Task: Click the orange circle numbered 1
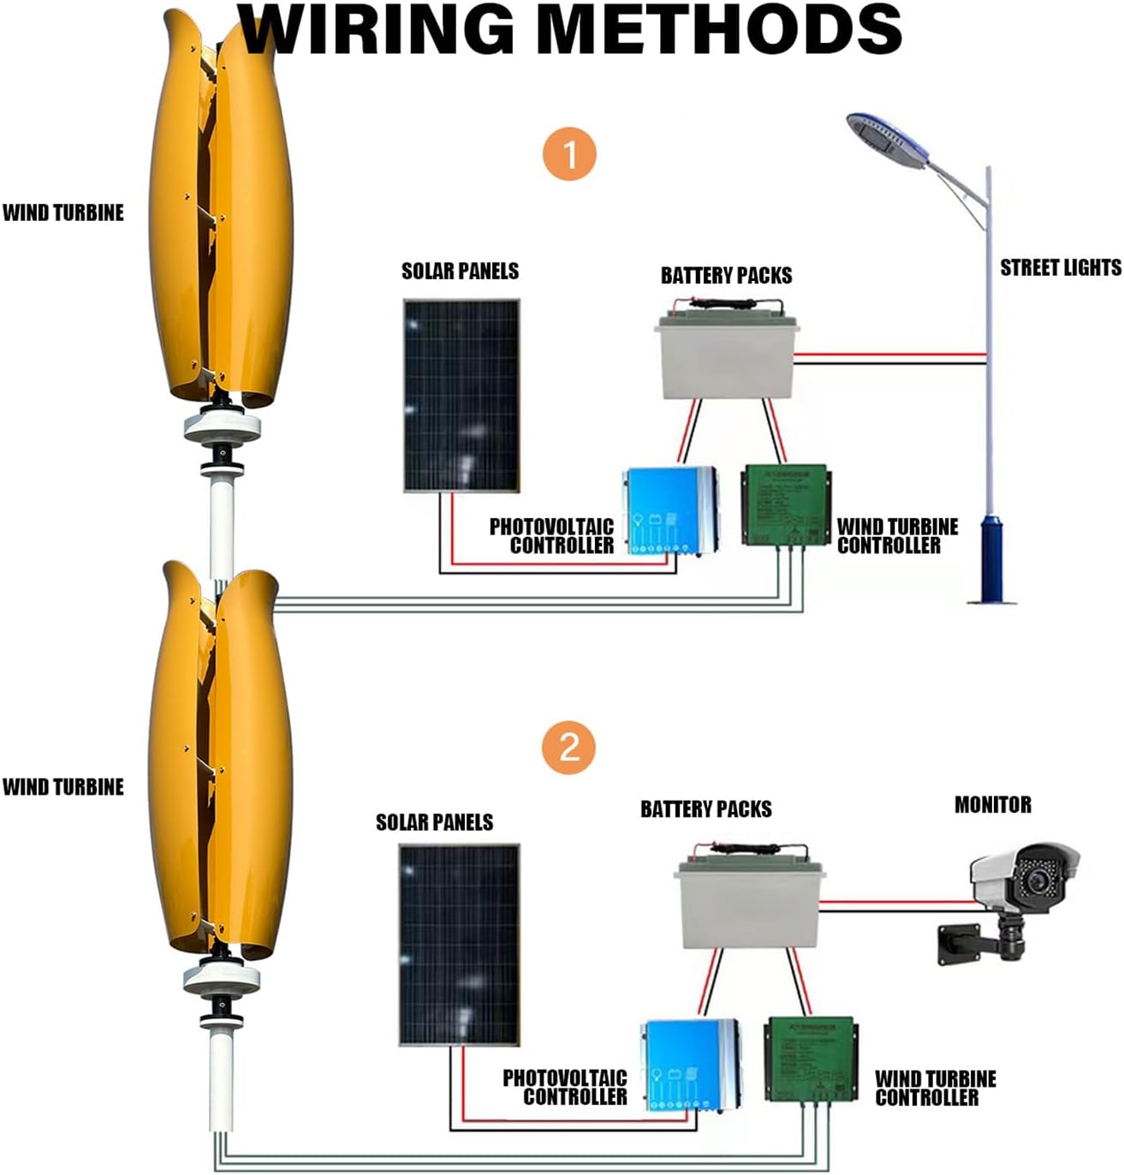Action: (x=569, y=155)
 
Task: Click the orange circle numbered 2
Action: (x=569, y=748)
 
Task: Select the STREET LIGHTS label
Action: (x=1060, y=268)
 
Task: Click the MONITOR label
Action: (x=992, y=805)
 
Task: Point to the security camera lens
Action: (x=1043, y=880)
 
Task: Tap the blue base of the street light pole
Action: (x=992, y=557)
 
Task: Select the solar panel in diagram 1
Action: (x=461, y=395)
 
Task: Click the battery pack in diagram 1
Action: (x=727, y=356)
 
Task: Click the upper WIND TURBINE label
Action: (x=63, y=212)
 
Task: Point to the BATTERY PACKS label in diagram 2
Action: (x=705, y=809)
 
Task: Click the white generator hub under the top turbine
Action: (x=222, y=425)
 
